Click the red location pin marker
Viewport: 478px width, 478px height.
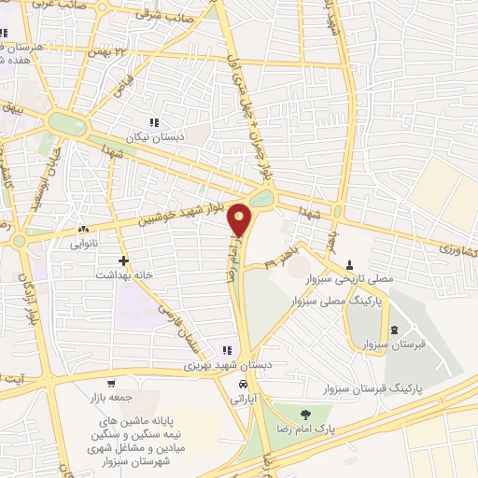[x=240, y=221]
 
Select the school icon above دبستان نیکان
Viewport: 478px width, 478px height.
[x=154, y=122]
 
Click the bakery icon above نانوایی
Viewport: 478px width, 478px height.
[x=84, y=229]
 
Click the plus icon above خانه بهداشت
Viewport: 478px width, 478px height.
[x=122, y=260]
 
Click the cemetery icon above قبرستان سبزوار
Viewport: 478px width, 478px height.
[x=393, y=329]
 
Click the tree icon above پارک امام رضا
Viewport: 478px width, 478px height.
[x=302, y=413]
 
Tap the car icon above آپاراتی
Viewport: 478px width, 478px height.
[x=243, y=384]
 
